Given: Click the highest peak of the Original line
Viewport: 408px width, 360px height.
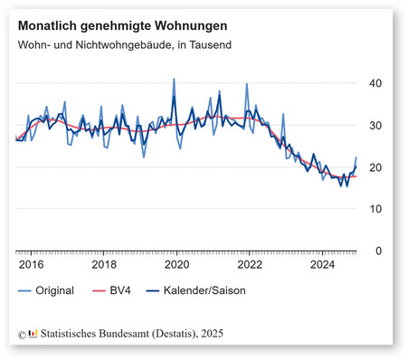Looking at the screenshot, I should [174, 80].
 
